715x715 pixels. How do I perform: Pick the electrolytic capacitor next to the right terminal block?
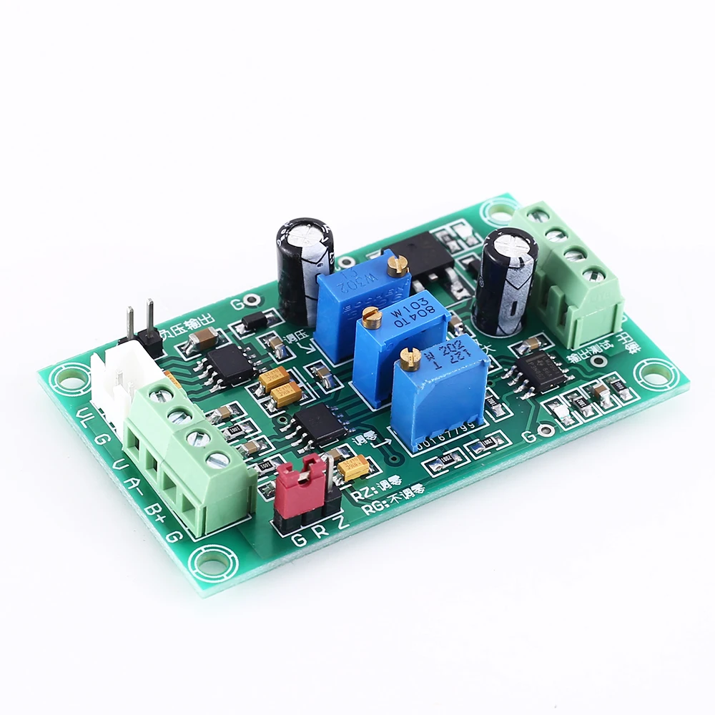508,280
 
